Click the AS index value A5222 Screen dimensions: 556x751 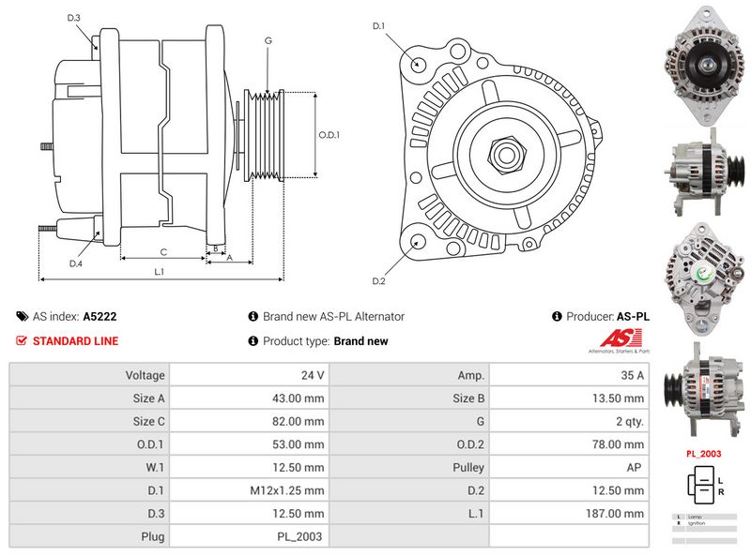(x=100, y=317)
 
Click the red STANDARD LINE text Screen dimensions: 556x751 (x=75, y=341)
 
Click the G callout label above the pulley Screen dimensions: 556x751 (x=268, y=40)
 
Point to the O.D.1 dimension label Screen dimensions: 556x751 (x=329, y=135)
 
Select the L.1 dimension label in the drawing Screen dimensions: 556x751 (x=160, y=272)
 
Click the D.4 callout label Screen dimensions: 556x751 (x=75, y=263)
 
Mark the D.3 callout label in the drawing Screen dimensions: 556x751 (x=74, y=18)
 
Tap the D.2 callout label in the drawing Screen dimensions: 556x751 (x=379, y=281)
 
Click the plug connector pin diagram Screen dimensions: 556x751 (x=703, y=486)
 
